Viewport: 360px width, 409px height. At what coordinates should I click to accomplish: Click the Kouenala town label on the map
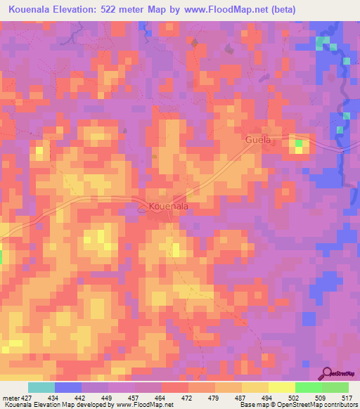tap(169, 207)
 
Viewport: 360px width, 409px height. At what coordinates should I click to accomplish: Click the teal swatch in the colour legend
tap(41, 388)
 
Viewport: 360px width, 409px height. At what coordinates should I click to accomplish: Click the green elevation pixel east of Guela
tap(299, 145)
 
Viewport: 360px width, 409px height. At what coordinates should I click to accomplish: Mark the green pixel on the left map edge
tap(1, 257)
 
